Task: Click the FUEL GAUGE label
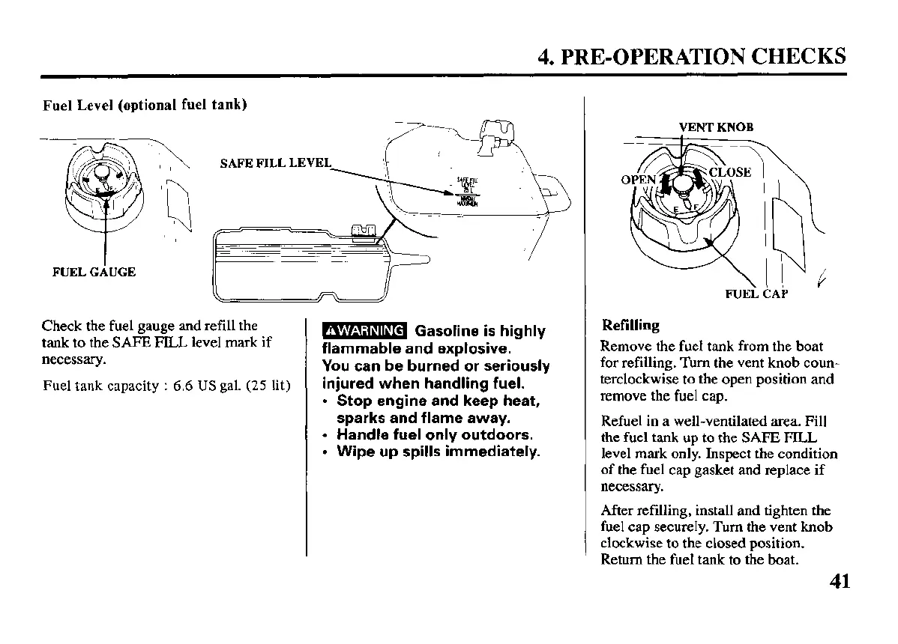coord(94,272)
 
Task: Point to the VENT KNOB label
coord(715,127)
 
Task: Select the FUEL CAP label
coord(756,294)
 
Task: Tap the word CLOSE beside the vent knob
coord(729,171)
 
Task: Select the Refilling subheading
coord(630,325)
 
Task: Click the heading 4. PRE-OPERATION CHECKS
coord(692,57)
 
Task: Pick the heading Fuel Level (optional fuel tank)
coord(145,105)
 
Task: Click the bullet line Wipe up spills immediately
coord(438,452)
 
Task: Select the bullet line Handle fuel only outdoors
coord(435,434)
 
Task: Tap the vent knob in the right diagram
coord(683,184)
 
